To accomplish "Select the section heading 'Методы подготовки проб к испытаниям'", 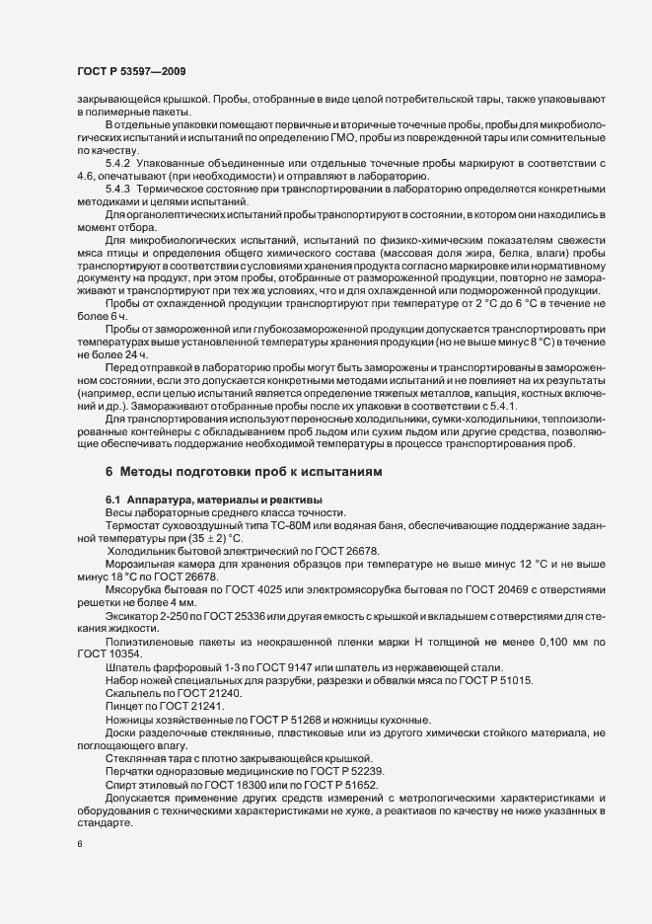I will (x=260, y=473).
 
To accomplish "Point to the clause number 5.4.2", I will (x=118, y=161).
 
